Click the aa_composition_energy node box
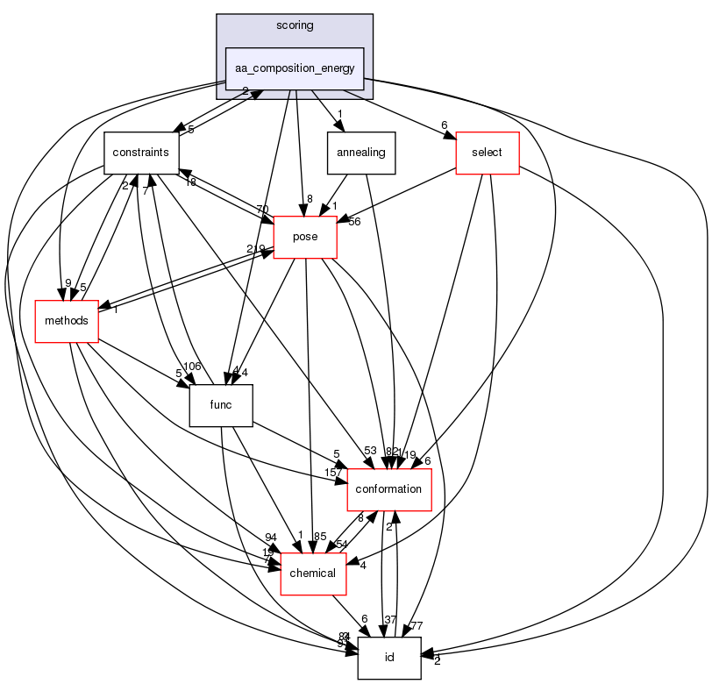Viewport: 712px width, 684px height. click(x=295, y=68)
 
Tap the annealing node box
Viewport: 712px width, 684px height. click(x=360, y=153)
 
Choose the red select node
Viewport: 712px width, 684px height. click(x=488, y=153)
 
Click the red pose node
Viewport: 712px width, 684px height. click(x=305, y=237)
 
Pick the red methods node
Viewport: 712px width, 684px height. click(x=67, y=321)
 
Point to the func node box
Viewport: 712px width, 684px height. click(x=221, y=404)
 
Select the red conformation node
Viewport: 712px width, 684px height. click(x=389, y=488)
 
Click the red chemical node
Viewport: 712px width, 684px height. click(x=312, y=573)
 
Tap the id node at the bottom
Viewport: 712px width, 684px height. click(x=389, y=657)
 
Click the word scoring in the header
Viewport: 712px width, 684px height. click(x=295, y=25)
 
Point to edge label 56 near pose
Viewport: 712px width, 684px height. click(x=355, y=221)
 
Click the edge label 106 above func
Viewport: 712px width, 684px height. click(x=192, y=366)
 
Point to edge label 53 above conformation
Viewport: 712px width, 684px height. click(x=370, y=451)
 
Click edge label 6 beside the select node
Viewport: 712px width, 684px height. click(x=445, y=125)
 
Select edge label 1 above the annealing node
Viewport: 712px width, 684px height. click(x=339, y=113)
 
